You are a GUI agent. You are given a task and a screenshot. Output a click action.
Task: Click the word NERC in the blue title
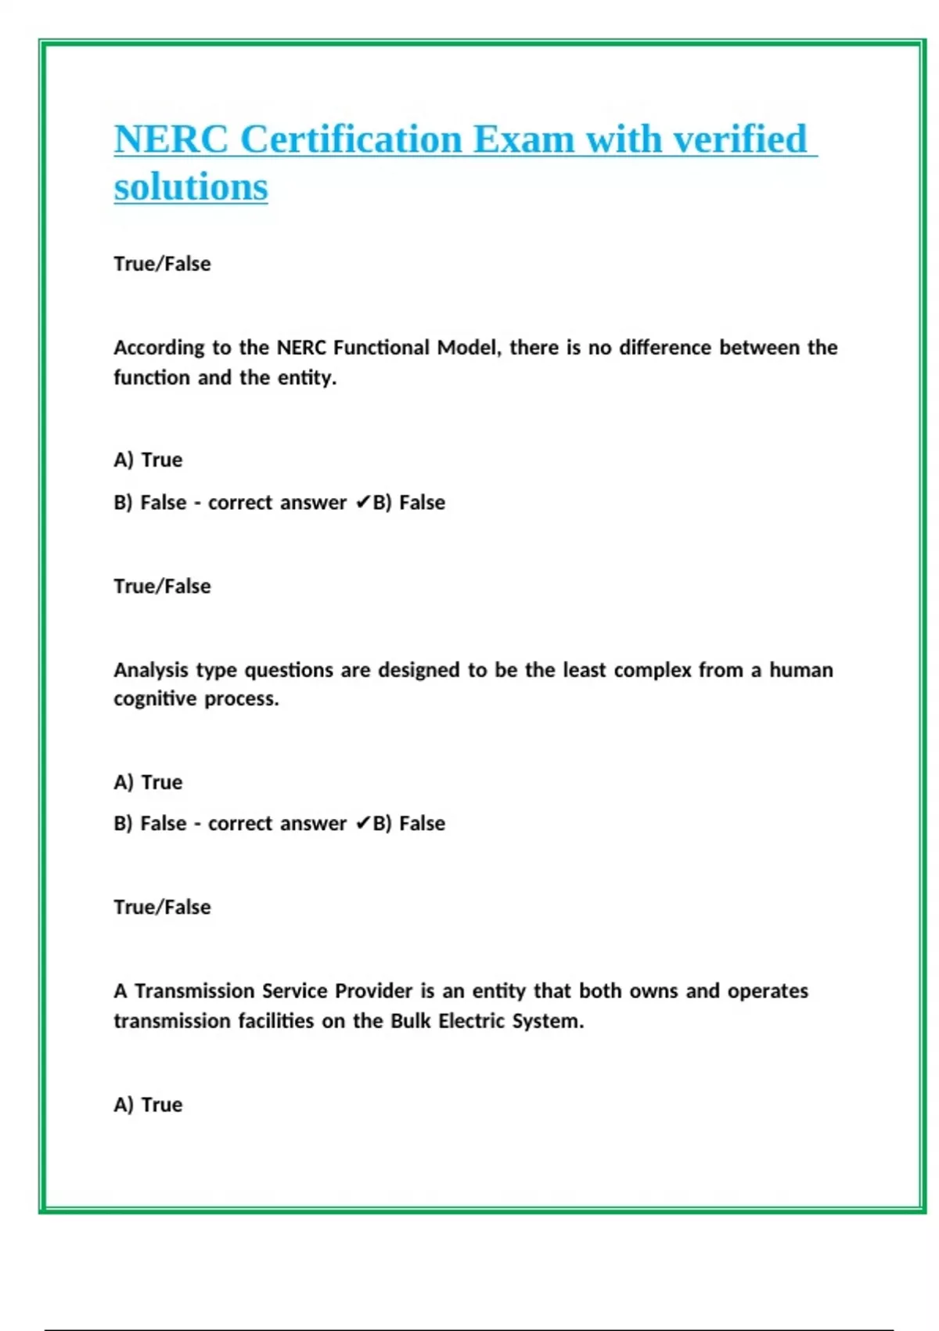click(x=171, y=139)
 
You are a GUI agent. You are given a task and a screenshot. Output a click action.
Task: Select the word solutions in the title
click(x=190, y=187)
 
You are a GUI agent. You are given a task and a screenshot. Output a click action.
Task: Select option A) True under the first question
click(x=148, y=460)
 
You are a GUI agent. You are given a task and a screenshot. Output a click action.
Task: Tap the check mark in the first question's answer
click(x=362, y=503)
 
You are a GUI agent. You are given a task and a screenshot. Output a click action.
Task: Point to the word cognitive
click(x=155, y=698)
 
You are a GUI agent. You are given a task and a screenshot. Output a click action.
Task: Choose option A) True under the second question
click(x=148, y=782)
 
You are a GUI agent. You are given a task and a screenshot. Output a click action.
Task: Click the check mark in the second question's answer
click(x=362, y=824)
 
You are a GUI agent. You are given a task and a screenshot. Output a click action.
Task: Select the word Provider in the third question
click(x=373, y=991)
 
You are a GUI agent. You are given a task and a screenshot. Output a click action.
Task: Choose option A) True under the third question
click(x=148, y=1105)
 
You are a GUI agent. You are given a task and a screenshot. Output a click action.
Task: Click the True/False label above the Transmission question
click(x=162, y=907)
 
